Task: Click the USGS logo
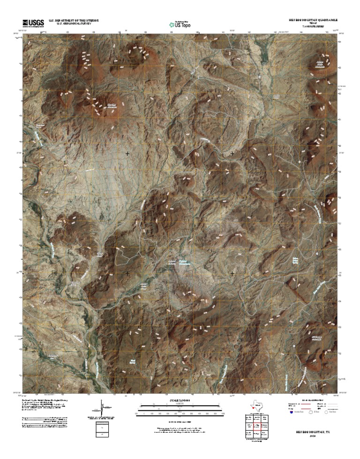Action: click(33, 23)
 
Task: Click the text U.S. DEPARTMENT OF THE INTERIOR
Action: click(77, 21)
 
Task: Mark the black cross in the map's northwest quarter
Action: click(127, 154)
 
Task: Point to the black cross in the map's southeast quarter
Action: click(232, 273)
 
